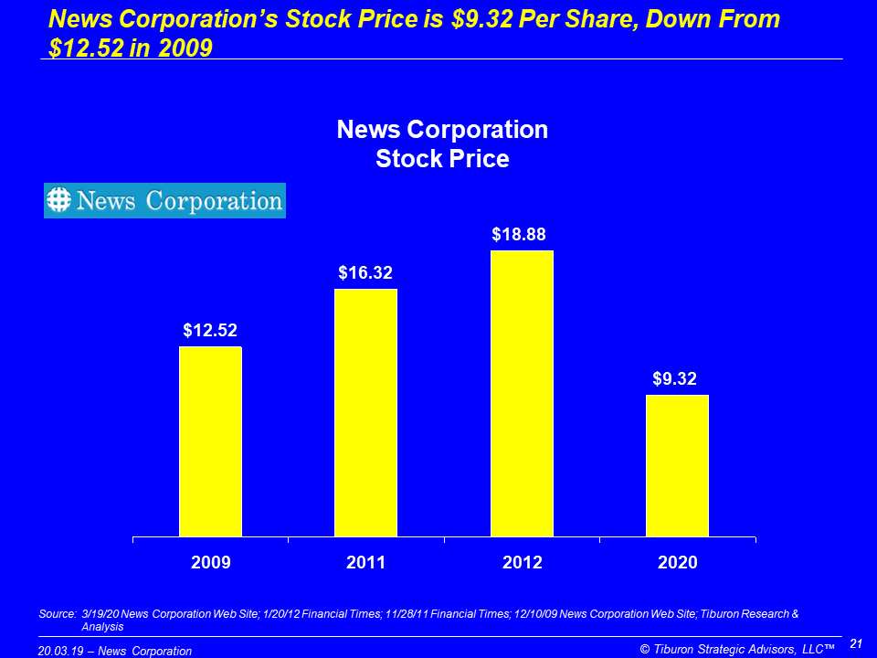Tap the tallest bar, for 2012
click(x=522, y=394)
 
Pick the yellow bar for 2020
click(x=677, y=466)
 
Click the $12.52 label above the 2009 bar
click(x=210, y=330)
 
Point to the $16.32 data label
click(x=365, y=272)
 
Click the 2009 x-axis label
click(x=210, y=563)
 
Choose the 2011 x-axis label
click(x=365, y=563)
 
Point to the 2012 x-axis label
click(x=522, y=563)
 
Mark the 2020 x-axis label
click(x=677, y=563)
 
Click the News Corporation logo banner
click(x=164, y=200)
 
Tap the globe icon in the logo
click(x=59, y=200)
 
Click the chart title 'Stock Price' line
click(x=442, y=158)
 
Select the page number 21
click(x=856, y=644)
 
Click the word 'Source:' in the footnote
click(x=58, y=614)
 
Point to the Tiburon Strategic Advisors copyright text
click(x=737, y=650)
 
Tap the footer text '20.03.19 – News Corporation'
click(x=115, y=651)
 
